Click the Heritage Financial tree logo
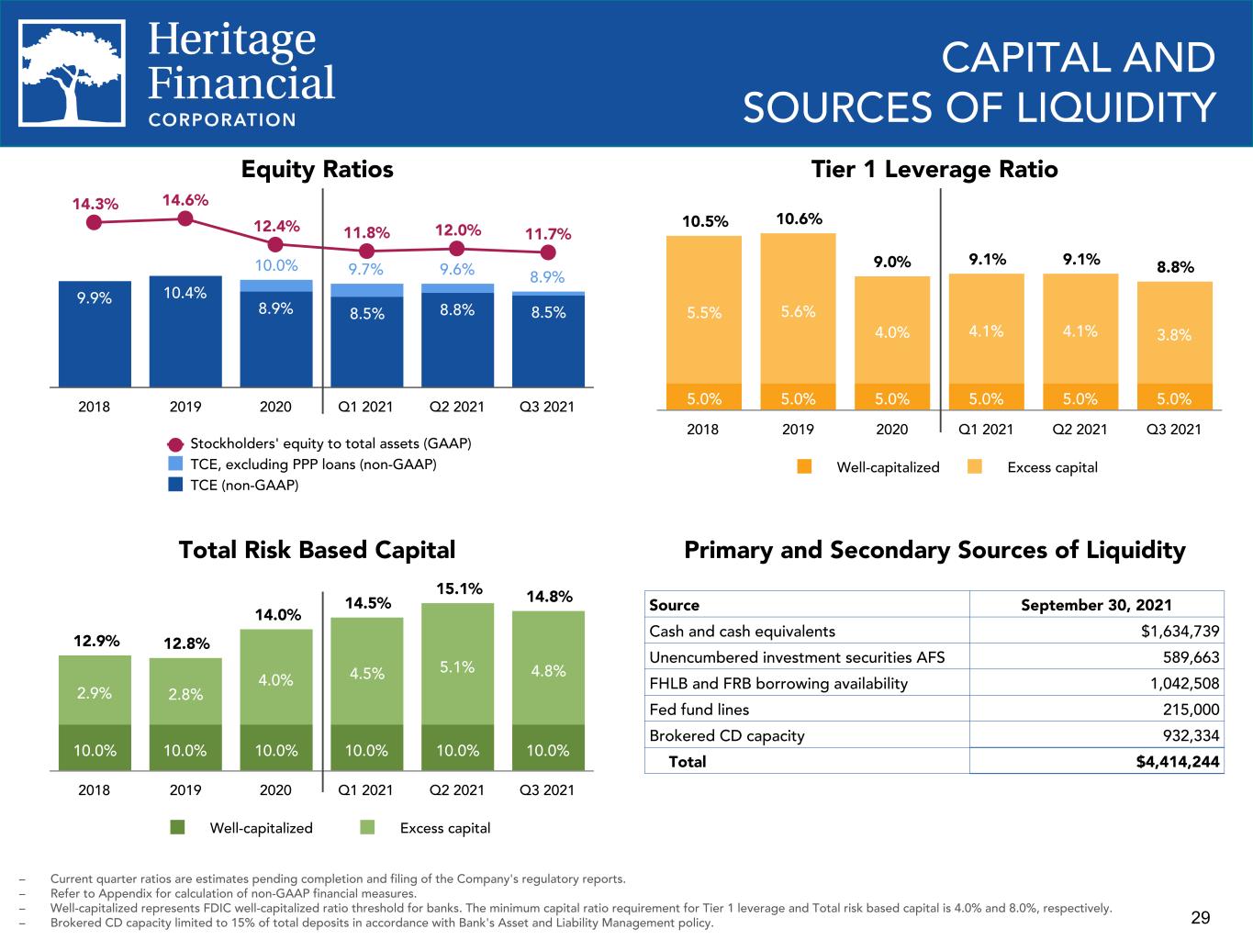tap(72, 73)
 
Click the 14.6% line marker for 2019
tap(185, 218)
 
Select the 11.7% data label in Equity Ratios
tap(548, 233)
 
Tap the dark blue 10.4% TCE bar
tap(185, 331)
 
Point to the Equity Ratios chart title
tap(318, 170)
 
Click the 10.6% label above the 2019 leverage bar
tap(799, 218)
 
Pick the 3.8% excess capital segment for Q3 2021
tap(1175, 332)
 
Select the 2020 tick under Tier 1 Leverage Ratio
tap(891, 430)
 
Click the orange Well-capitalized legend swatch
tap(804, 467)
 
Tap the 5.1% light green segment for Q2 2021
tap(457, 665)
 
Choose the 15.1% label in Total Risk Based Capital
tap(459, 588)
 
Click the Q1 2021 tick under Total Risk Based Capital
tap(366, 789)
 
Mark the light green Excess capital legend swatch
tap(367, 827)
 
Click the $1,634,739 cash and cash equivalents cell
tap(1180, 632)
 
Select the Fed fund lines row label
tap(699, 710)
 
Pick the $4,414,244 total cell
tap(1178, 762)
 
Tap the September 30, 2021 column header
tap(1096, 605)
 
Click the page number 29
tap(1201, 918)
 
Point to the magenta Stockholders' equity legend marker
tap(176, 444)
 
